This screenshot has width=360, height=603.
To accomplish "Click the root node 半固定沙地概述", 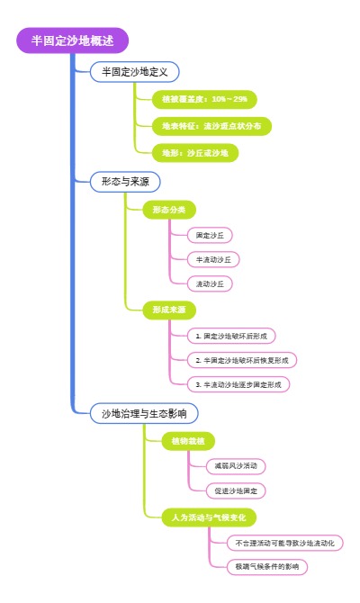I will click(x=73, y=40).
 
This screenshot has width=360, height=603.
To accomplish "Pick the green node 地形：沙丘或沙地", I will click(x=194, y=153).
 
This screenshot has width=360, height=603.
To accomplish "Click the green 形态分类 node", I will click(x=168, y=210).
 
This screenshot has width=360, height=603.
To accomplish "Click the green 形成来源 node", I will click(x=168, y=310).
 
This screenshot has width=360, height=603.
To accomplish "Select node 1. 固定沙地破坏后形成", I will click(x=232, y=336).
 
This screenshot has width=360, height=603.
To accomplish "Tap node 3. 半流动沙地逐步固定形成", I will click(x=238, y=384).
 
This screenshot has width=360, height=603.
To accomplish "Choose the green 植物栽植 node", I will click(x=188, y=441).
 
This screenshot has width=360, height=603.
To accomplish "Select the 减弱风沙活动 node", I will click(x=235, y=466).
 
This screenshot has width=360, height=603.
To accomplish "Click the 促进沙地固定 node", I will click(x=235, y=491).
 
